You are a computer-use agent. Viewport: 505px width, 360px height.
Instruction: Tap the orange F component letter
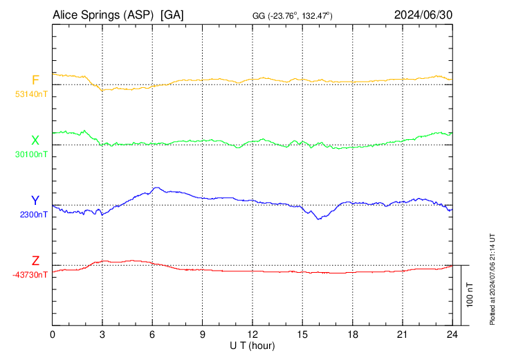(35, 80)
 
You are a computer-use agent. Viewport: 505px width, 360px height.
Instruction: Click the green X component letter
(35, 141)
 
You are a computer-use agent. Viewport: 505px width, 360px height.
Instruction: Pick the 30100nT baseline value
(31, 154)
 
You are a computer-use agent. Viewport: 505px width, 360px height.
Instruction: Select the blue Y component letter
(35, 201)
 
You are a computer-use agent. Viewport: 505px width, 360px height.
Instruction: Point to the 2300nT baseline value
(34, 215)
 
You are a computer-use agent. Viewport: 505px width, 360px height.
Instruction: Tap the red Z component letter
(35, 261)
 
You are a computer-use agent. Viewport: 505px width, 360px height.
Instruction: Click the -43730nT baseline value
(30, 275)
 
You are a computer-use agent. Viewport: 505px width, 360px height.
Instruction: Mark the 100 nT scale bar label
(470, 295)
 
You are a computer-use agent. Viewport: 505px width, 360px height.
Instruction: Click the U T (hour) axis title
(252, 345)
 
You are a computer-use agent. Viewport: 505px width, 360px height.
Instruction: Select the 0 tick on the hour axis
(53, 334)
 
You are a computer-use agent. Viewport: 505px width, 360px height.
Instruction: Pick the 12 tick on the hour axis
(252, 334)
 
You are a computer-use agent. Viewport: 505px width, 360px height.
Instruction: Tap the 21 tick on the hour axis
(403, 334)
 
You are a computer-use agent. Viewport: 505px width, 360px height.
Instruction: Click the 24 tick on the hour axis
(452, 334)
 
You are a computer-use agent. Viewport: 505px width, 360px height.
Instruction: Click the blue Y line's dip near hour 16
(318, 219)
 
